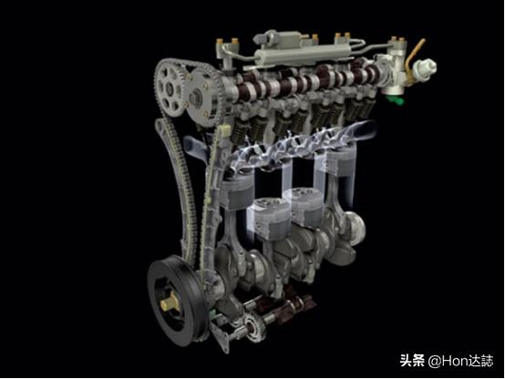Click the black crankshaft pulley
(176, 301)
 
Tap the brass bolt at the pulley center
(170, 302)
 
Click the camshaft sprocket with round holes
(170, 87)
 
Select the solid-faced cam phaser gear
(203, 96)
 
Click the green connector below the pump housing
(396, 99)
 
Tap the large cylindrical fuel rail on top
(303, 55)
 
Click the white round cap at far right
(426, 68)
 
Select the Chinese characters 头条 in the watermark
(412, 361)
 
